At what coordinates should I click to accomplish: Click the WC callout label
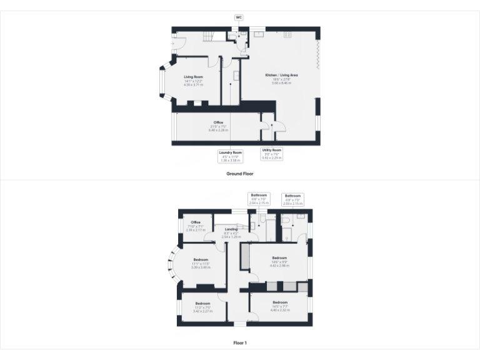pos(239,17)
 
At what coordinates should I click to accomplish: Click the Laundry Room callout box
pos(230,156)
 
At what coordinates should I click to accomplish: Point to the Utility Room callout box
pos(272,154)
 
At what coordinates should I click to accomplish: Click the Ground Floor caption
pos(239,172)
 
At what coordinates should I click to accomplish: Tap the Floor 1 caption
pos(240,342)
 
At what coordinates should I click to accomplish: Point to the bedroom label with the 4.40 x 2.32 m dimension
pos(279,304)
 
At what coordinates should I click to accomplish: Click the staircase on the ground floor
pos(206,39)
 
